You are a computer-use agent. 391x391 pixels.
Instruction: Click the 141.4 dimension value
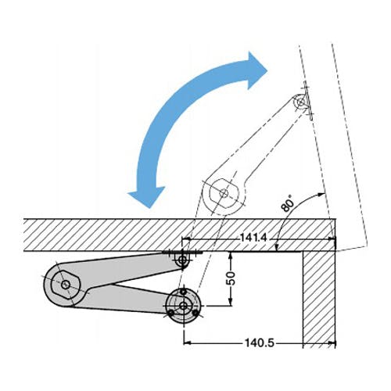coord(253,238)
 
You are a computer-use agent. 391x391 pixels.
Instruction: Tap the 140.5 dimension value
coord(260,343)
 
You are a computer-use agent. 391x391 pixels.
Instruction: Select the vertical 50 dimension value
coord(231,278)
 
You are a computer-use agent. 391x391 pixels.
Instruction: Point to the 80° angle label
coord(287,203)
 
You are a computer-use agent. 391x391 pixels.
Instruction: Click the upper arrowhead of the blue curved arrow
coord(256,70)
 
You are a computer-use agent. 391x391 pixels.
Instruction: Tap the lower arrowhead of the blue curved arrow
coord(146,196)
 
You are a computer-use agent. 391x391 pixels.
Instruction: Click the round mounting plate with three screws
coord(184,306)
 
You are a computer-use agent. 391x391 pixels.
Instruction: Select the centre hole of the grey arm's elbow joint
coord(65,285)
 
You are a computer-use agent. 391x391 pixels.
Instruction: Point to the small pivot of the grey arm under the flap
coord(183,260)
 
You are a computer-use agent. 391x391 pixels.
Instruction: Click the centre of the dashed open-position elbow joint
coord(224,193)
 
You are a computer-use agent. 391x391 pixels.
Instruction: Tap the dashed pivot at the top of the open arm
coord(301,102)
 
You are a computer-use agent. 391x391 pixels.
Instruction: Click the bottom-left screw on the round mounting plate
coord(170,313)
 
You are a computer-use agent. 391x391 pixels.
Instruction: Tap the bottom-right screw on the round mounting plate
coord(195,313)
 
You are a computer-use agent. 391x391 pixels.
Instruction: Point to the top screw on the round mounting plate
coord(184,292)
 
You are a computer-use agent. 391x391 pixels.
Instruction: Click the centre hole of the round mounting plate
coord(184,306)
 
